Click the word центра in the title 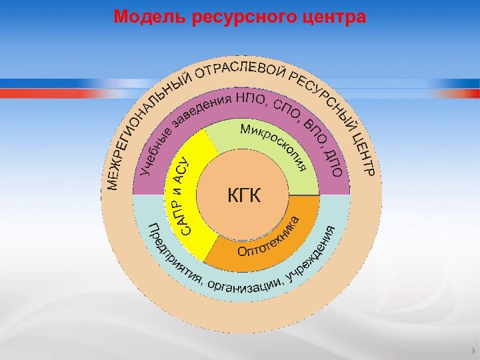pyautogui.click(x=336, y=17)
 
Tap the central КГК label pyautogui.click(x=245, y=196)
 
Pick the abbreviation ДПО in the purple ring pyautogui.click(x=334, y=161)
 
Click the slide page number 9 pyautogui.click(x=472, y=351)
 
